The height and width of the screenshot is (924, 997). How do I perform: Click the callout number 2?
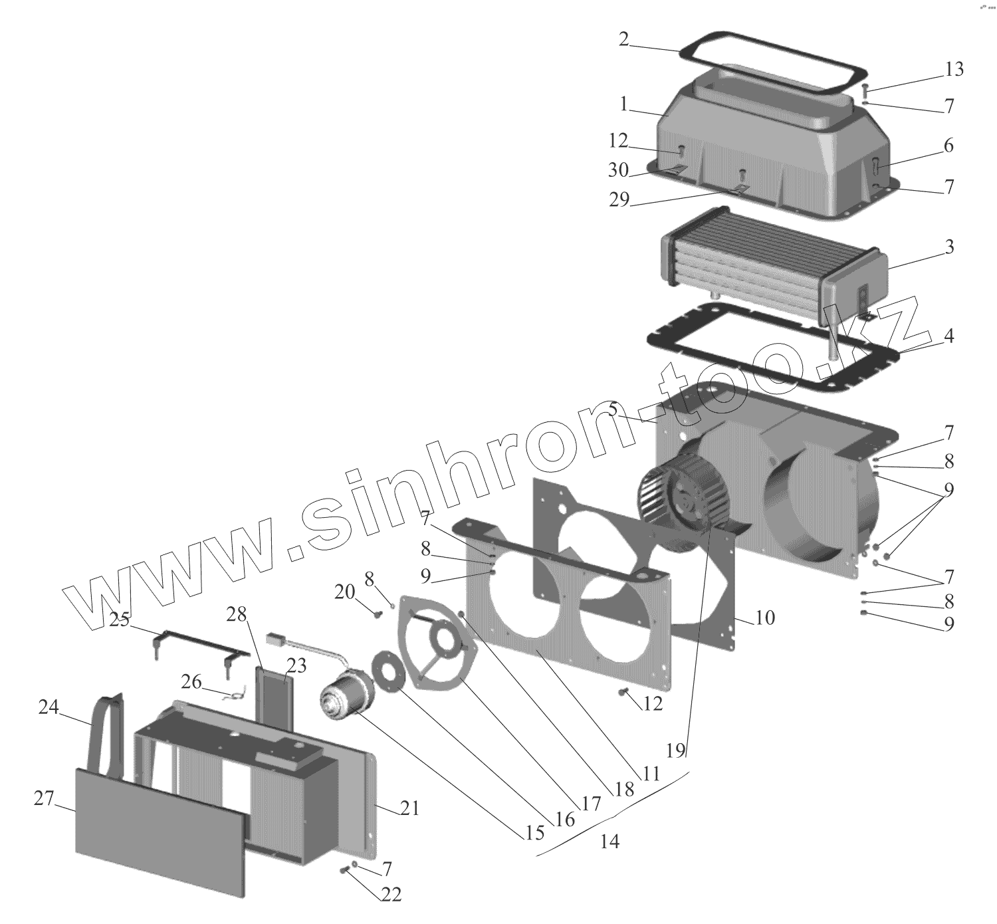pyautogui.click(x=623, y=39)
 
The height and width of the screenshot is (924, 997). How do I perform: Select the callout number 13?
pyautogui.click(x=953, y=70)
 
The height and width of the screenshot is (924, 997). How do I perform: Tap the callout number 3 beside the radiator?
pyautogui.click(x=949, y=247)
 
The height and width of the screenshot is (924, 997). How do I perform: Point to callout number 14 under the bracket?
pyautogui.click(x=609, y=842)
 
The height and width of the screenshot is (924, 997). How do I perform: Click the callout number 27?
pyautogui.click(x=43, y=799)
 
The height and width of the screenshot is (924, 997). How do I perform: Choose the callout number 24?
pyautogui.click(x=48, y=709)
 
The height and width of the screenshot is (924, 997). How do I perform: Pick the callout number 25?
pyautogui.click(x=120, y=620)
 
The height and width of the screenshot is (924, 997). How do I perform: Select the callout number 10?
pyautogui.click(x=765, y=618)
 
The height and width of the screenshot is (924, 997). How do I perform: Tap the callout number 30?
pyautogui.click(x=618, y=170)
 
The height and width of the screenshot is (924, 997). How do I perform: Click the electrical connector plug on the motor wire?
pyautogui.click(x=276, y=641)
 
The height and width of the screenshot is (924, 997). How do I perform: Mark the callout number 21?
pyautogui.click(x=409, y=808)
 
